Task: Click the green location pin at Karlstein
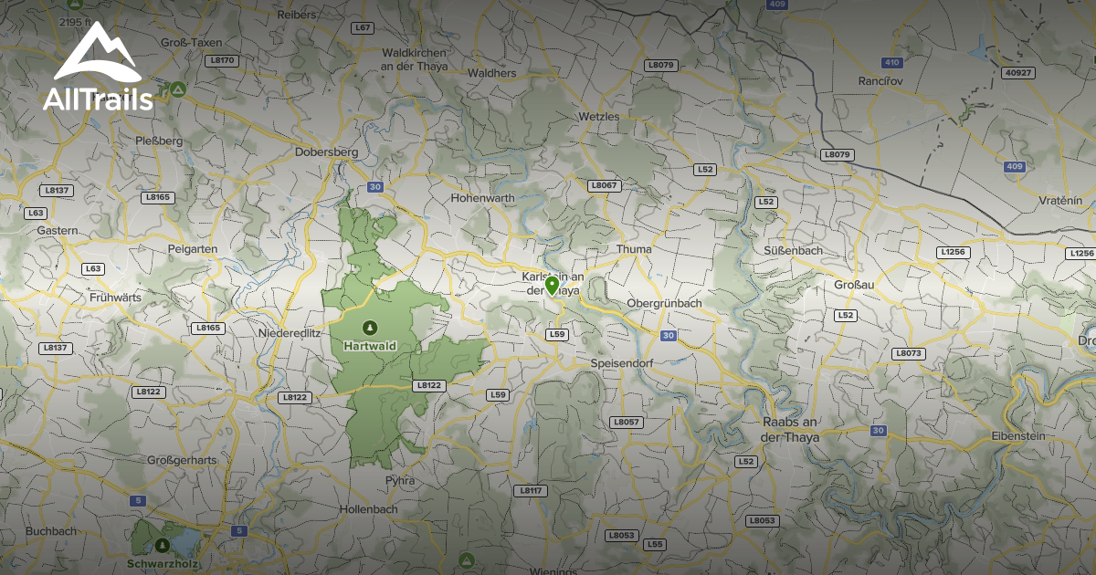tap(552, 286)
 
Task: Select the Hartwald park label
tap(369, 346)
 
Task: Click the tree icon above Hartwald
tap(369, 327)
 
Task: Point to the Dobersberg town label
tap(326, 152)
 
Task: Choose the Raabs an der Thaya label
tap(791, 430)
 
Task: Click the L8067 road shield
tap(604, 185)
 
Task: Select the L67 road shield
tap(363, 28)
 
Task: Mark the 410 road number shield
tap(891, 62)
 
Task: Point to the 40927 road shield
tap(1017, 72)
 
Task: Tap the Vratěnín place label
tap(1060, 200)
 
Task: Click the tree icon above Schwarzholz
tap(162, 546)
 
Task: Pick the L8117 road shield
tap(530, 490)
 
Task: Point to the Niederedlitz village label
tap(290, 333)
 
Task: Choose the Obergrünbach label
tap(664, 303)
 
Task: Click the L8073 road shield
tap(910, 353)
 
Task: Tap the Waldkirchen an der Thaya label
tap(412, 60)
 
